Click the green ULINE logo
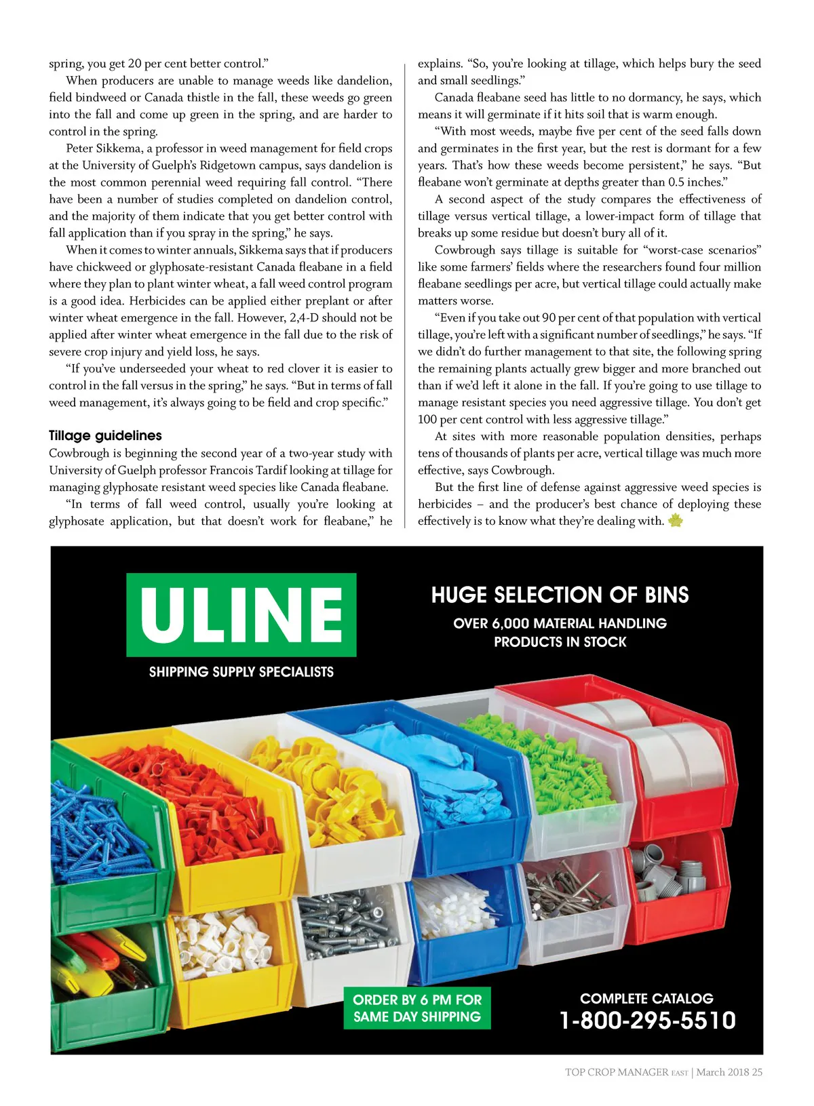[x=241, y=614]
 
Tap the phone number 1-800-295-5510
[x=647, y=1020]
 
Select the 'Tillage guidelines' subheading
[x=105, y=435]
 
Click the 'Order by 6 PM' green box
[x=417, y=1008]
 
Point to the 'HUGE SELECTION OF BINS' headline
[x=560, y=595]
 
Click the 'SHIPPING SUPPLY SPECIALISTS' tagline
[x=241, y=672]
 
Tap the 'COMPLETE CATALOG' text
[x=646, y=998]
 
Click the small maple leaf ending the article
[x=675, y=521]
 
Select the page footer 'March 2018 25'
[x=729, y=1072]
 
